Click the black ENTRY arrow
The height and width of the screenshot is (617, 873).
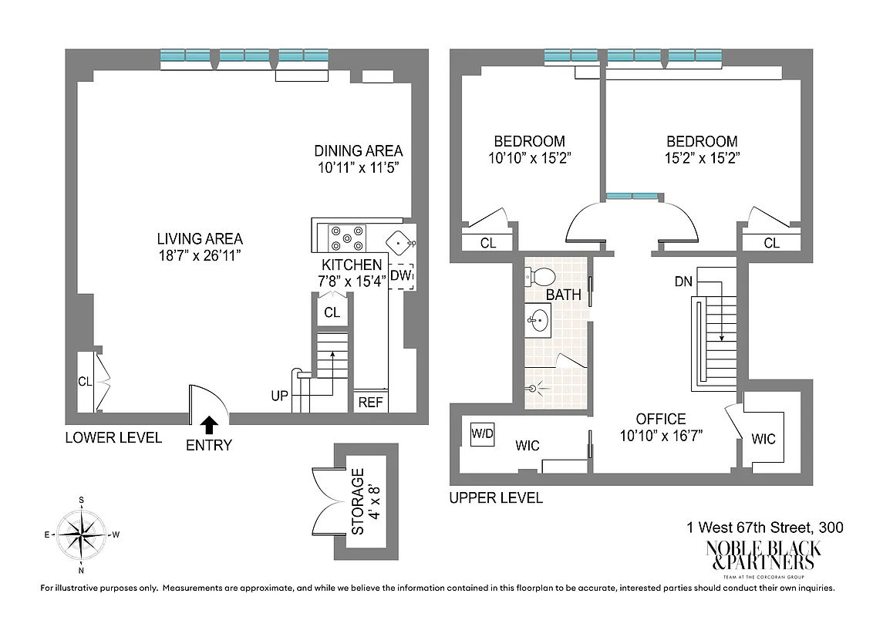coord(210,423)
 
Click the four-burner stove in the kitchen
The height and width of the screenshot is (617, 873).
coord(346,238)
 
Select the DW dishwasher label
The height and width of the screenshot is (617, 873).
coord(401,275)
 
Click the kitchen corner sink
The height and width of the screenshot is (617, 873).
coord(399,241)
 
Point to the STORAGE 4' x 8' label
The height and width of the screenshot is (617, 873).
coord(365,501)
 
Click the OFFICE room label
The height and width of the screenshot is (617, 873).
coord(661,419)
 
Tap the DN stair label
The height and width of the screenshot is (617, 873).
coord(683,282)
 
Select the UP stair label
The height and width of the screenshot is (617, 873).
coord(280,396)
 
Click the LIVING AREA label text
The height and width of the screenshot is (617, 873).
coord(200,239)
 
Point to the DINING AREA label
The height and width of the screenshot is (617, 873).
coord(358,151)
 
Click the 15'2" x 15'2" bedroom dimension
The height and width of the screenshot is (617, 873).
coord(702,159)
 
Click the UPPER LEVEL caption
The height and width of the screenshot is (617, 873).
coord(496,498)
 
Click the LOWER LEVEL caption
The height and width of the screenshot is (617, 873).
coord(113,437)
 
